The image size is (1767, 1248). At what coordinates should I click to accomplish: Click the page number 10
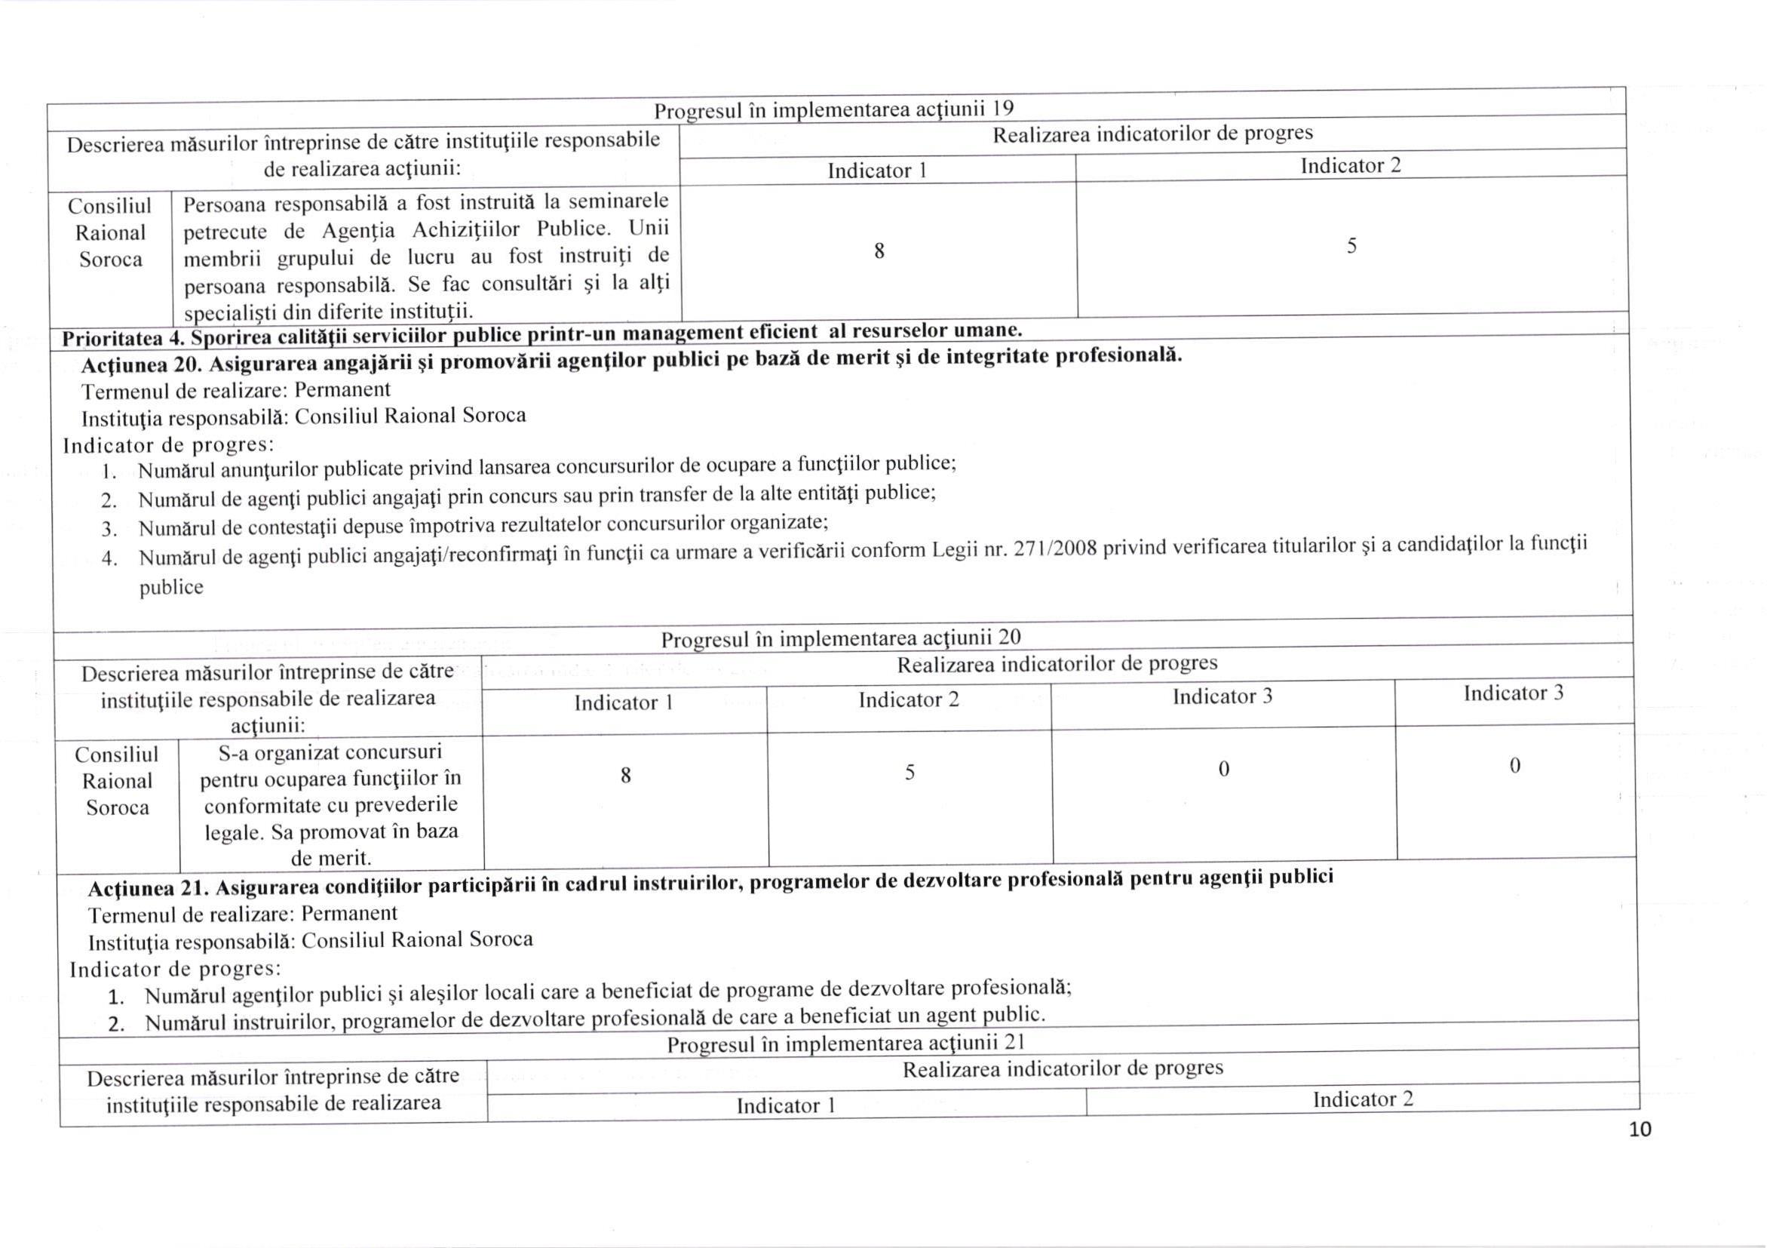pos(1640,1130)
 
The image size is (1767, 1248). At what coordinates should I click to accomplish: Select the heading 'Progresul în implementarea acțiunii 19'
pos(833,110)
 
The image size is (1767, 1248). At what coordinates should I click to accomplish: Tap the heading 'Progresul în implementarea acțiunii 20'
pos(840,638)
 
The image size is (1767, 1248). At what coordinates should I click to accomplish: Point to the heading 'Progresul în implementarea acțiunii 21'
pos(845,1044)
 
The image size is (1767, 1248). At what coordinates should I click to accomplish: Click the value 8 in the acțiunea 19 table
pos(879,251)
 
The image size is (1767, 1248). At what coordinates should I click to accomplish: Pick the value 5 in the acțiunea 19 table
pos(1351,245)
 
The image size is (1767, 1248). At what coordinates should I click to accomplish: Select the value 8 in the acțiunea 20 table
pos(626,776)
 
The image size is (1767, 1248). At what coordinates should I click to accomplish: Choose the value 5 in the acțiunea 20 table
pos(910,772)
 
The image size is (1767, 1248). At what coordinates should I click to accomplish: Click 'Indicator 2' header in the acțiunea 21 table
pos(1363,1099)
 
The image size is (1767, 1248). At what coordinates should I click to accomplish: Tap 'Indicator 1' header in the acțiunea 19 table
pos(876,170)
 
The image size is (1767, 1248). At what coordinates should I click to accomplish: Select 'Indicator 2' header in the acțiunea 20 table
pos(909,700)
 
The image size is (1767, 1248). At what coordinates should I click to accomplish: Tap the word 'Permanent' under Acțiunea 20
pos(342,389)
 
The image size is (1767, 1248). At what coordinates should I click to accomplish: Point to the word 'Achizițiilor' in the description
pos(465,230)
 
